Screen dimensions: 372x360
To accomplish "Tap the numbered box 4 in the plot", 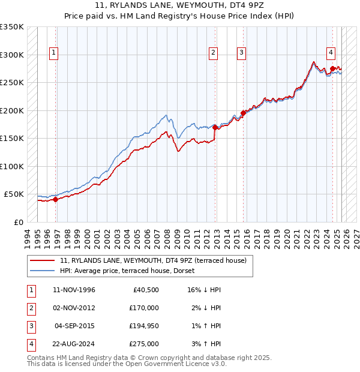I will (x=331, y=52).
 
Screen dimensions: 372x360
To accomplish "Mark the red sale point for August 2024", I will (x=332, y=69).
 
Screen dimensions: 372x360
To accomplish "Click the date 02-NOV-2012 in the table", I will (x=74, y=307).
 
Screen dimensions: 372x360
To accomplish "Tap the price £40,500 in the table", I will (x=145, y=290).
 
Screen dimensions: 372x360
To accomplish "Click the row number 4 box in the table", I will (x=31, y=344).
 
